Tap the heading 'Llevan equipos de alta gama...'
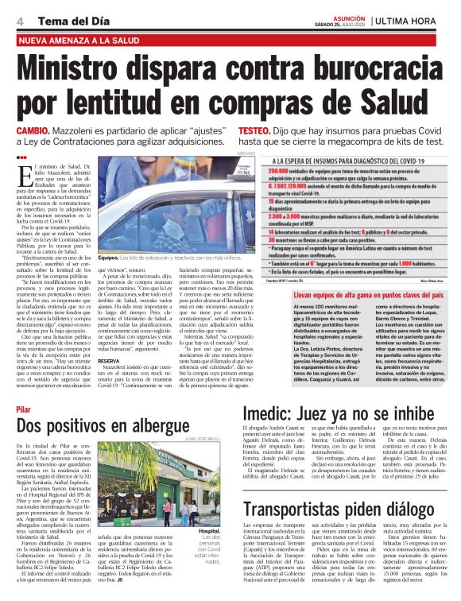click(356, 293)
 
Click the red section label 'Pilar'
click(23, 409)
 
